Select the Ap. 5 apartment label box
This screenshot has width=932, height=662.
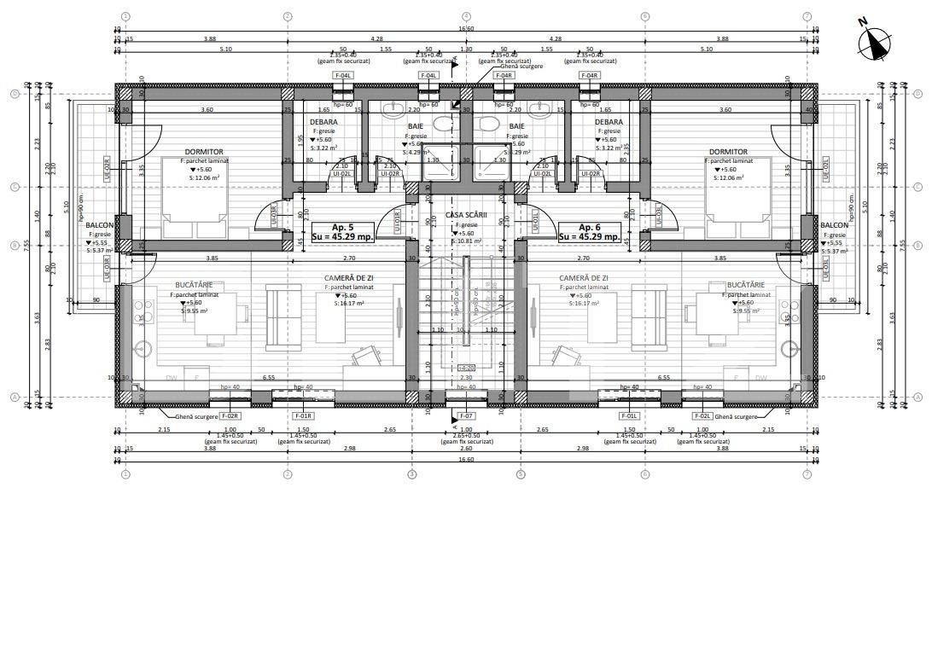click(337, 232)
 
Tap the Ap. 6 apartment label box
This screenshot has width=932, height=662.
click(586, 232)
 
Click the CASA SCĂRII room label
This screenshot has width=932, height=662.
click(466, 216)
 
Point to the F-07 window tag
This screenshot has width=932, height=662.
click(466, 415)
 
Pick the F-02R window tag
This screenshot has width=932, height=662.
click(230, 415)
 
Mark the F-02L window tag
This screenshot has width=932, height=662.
click(702, 415)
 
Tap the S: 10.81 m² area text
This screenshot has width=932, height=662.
click(466, 241)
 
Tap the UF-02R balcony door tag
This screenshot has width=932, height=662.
click(107, 168)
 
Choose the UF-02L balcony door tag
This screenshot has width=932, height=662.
click(825, 168)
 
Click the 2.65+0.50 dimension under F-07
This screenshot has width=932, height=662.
click(466, 436)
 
